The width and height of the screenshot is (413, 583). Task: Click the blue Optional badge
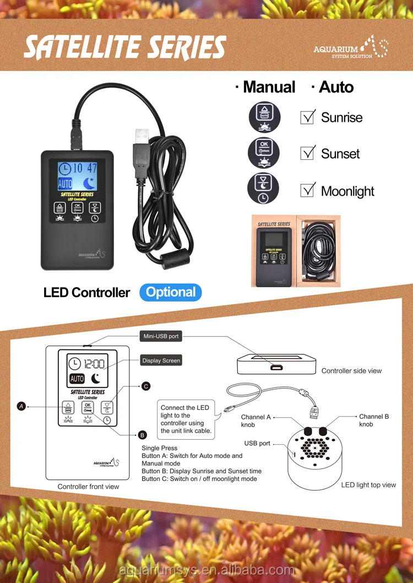[171, 292]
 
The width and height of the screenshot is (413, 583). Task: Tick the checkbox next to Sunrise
[307, 117]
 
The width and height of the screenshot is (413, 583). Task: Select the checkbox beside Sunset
[307, 153]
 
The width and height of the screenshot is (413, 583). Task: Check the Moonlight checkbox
[307, 191]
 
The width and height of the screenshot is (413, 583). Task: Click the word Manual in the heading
[269, 87]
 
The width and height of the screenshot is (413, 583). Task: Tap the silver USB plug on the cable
[142, 136]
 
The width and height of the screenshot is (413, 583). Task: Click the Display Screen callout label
[161, 360]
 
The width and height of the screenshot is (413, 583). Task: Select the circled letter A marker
[21, 406]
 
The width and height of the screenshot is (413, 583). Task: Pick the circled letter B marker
[142, 434]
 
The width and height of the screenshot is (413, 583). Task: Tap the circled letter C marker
[146, 386]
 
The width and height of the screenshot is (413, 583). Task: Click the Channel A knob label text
[255, 421]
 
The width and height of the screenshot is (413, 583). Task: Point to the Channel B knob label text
[374, 420]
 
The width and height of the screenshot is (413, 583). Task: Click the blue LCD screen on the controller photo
[77, 175]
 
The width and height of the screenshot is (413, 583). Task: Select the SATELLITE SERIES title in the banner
[124, 48]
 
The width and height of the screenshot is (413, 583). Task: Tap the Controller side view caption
[351, 371]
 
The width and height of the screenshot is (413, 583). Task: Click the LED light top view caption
[368, 485]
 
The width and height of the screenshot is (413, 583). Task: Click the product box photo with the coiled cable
[296, 251]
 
